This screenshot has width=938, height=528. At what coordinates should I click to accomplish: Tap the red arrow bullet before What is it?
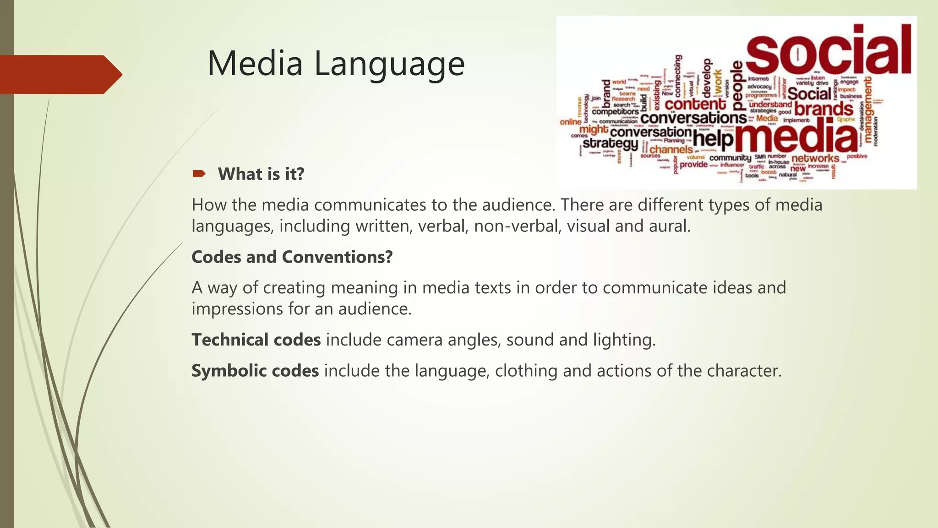coord(199,173)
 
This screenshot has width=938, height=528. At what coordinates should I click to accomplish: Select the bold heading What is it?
coord(261,174)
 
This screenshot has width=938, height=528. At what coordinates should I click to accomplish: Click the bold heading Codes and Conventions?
coord(292,257)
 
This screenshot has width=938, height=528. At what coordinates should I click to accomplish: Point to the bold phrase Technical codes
coord(256,340)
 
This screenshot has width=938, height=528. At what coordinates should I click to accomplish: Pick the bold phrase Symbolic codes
coord(255,371)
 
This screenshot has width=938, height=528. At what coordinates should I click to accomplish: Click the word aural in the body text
coord(669,226)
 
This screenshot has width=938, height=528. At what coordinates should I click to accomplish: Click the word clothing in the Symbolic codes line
coord(526,371)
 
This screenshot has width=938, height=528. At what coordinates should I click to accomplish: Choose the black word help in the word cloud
coord(713,138)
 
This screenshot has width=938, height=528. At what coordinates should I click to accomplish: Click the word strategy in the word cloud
coord(610,143)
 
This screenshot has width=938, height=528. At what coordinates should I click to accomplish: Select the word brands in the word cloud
coord(823,109)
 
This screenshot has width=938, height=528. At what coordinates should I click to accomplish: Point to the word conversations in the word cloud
coord(693,118)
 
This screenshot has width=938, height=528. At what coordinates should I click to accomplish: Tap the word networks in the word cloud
coord(815,159)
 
